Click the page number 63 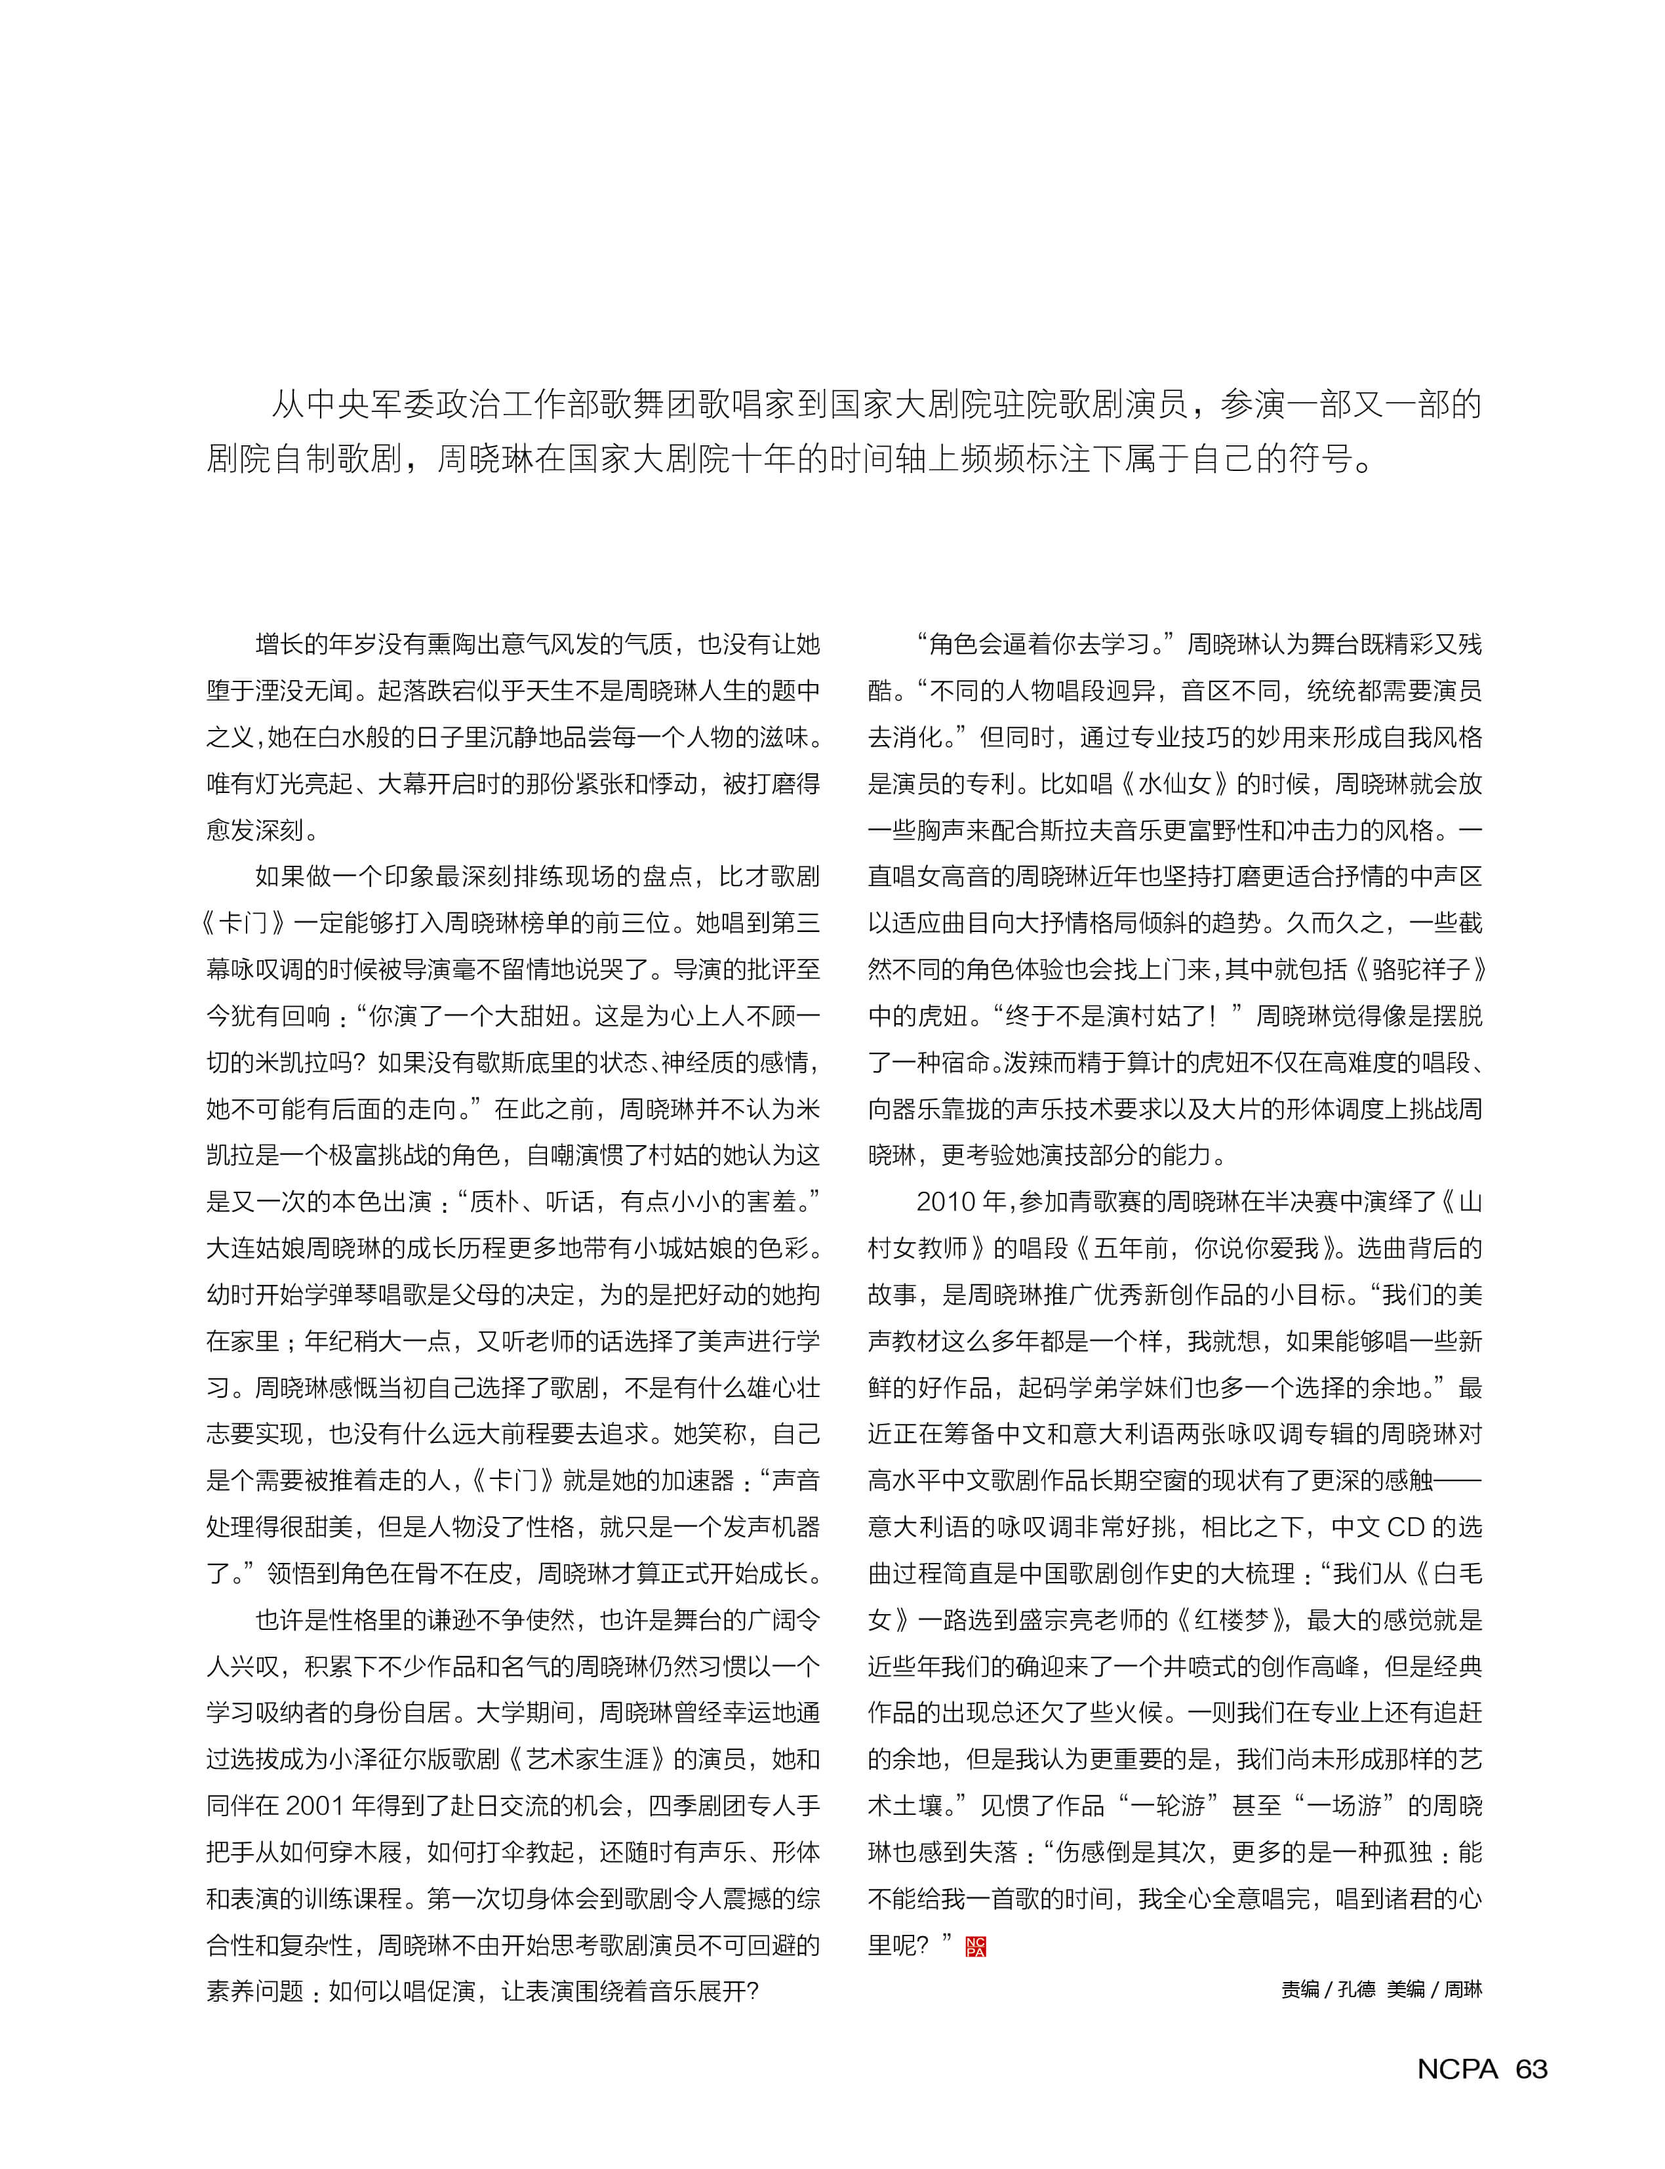(x=1531, y=2069)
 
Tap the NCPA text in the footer (x=1457, y=2069)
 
